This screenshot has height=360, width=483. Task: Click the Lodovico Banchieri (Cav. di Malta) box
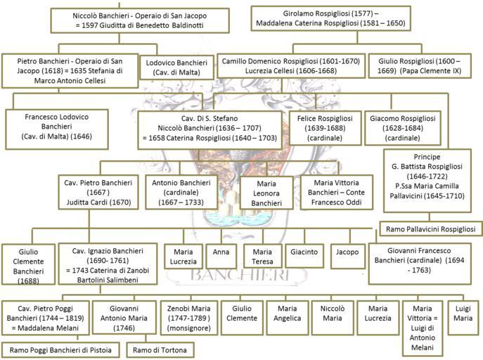point(176,67)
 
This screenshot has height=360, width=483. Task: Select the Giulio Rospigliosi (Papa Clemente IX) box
point(420,66)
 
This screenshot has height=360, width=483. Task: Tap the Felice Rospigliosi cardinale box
point(325,128)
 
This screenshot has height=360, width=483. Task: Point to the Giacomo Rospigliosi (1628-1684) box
point(403,128)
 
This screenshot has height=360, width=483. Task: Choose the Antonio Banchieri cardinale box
point(181,192)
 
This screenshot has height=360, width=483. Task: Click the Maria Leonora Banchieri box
point(266,193)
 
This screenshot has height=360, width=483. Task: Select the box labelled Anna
point(221,256)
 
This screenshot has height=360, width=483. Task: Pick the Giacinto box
point(304,256)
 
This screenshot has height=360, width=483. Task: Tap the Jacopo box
point(347,256)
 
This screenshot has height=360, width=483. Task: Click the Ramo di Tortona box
point(160,350)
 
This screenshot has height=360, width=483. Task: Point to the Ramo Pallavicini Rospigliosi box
point(431,229)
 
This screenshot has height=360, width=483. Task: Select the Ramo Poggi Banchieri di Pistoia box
point(60,350)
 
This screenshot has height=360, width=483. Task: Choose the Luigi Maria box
point(463,318)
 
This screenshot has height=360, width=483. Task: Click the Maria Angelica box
point(287,318)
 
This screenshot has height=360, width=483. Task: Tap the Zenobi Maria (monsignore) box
point(188,318)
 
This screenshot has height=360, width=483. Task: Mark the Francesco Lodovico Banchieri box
point(57,129)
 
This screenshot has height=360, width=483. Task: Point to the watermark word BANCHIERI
point(240,275)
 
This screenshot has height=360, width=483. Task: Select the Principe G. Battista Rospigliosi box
point(427,181)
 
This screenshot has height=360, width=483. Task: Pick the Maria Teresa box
point(262,256)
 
